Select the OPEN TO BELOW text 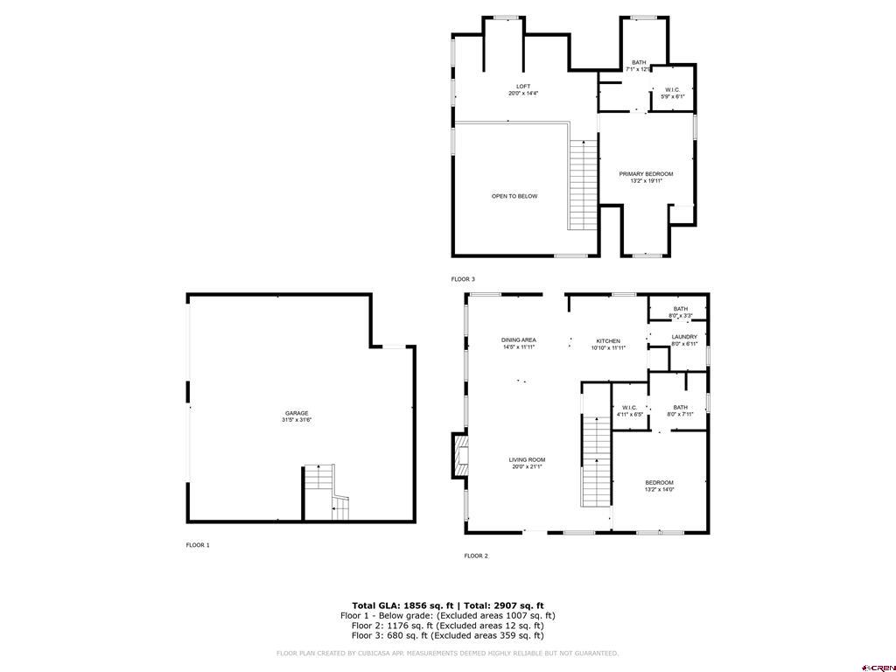tap(514, 196)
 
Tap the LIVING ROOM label tap(528, 463)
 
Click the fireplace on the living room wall tap(460, 455)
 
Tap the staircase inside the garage tap(325, 492)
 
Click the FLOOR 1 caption tap(198, 545)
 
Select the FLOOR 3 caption tap(463, 279)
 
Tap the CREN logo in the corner tap(877, 664)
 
